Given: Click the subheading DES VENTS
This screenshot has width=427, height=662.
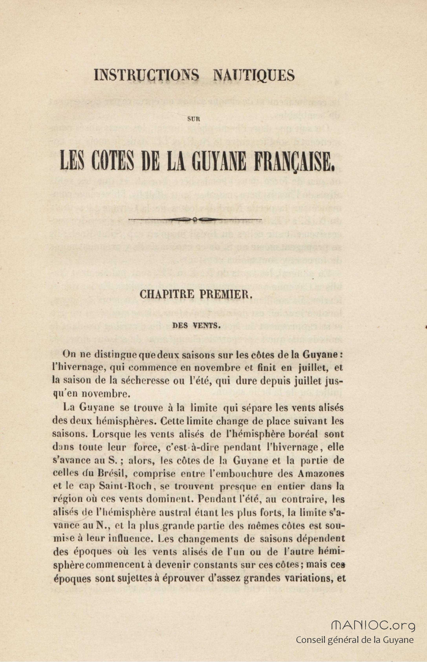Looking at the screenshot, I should tap(196, 326).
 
